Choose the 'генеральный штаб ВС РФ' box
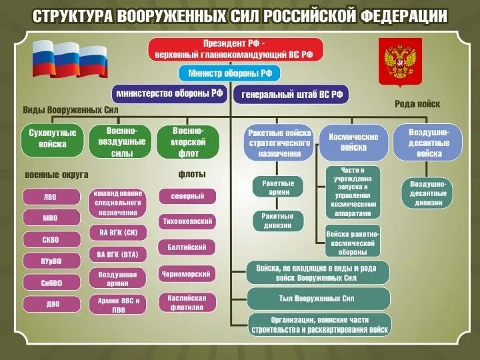[292, 95]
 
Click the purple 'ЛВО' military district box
[51, 197]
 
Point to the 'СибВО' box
[51, 283]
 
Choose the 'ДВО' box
[51, 304]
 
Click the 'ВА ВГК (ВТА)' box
[117, 254]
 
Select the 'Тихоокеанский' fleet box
[187, 221]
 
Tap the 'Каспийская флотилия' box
[187, 302]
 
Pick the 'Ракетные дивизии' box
[277, 221]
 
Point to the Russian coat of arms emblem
[400, 61]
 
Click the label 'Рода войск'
[417, 104]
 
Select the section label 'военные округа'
[57, 175]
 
